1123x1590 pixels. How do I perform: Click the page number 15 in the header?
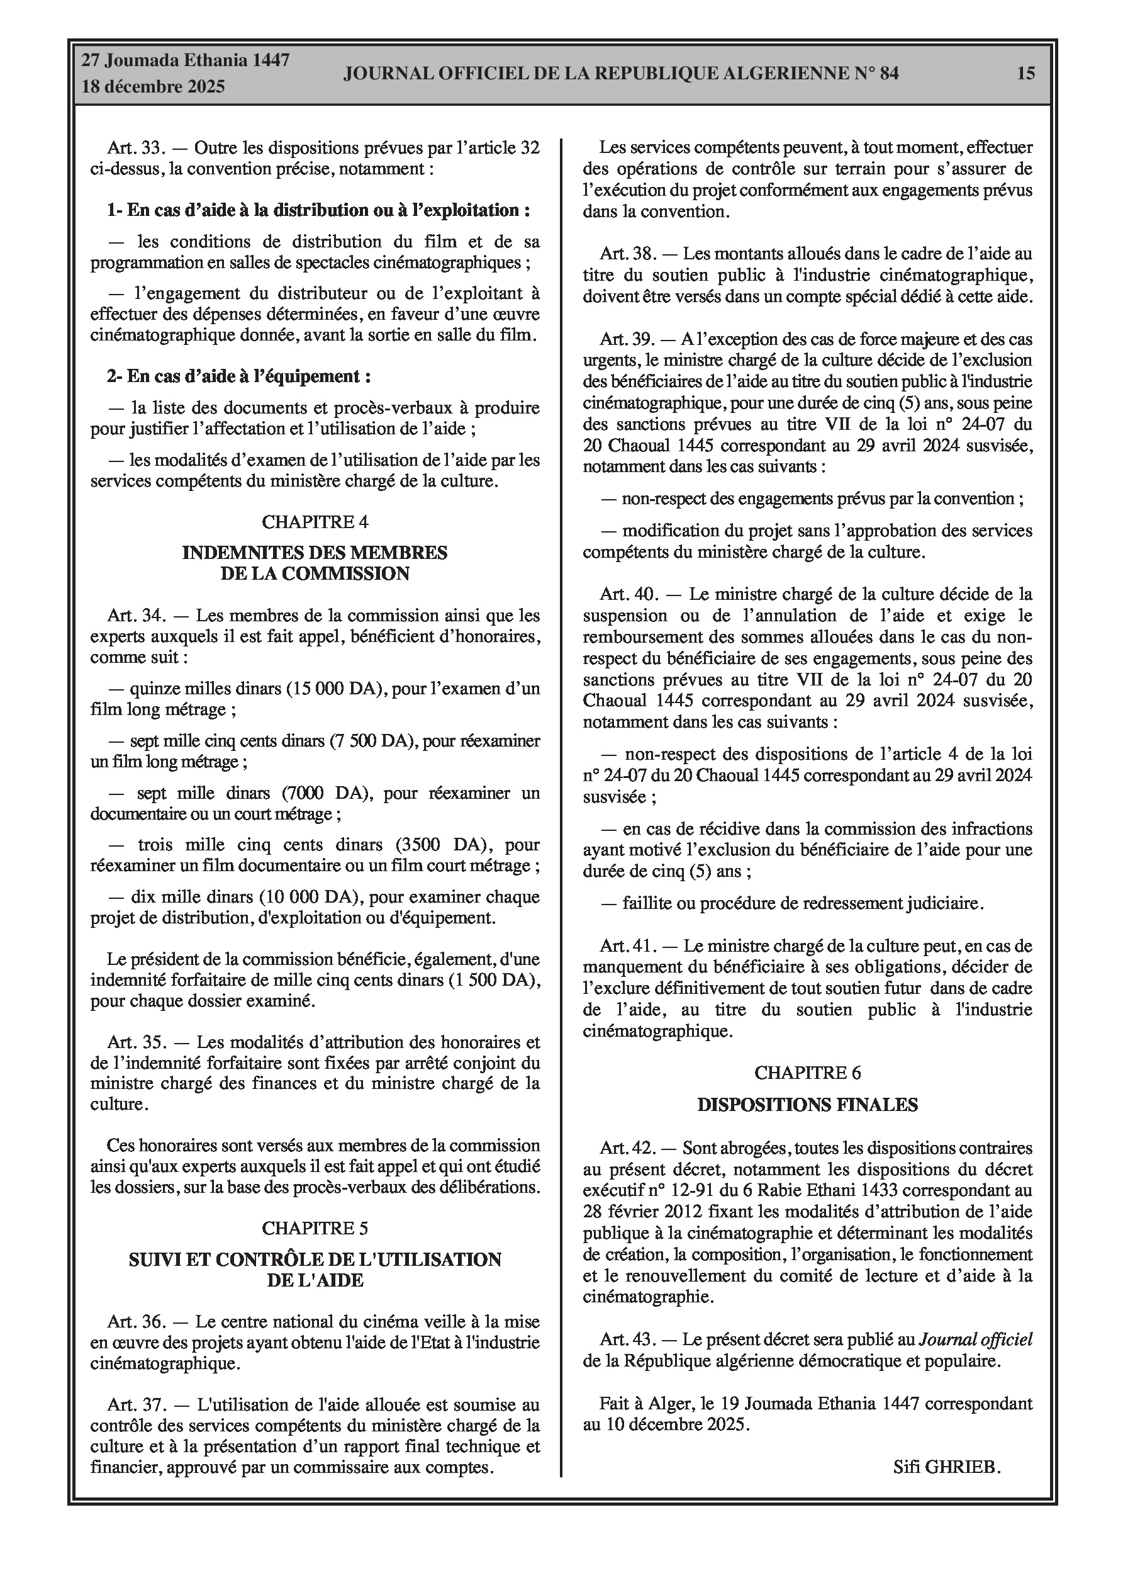point(1026,73)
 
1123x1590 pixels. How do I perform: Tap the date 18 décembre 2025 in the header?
point(154,87)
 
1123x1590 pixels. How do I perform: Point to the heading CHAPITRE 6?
point(807,1073)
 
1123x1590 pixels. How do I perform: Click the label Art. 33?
point(134,147)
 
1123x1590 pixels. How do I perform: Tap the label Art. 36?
point(134,1322)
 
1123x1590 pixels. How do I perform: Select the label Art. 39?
point(627,339)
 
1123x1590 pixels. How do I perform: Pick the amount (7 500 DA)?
point(372,740)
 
